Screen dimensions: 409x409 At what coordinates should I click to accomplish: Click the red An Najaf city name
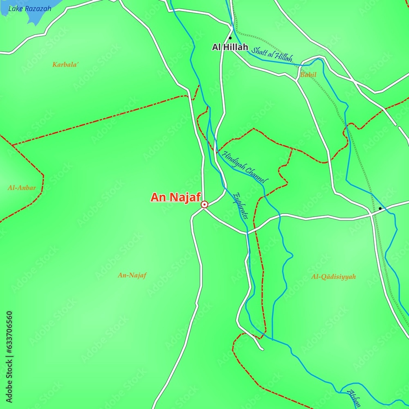(175, 198)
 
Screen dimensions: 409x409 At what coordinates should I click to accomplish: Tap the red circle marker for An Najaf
(204, 204)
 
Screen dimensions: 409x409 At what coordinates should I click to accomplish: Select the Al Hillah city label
(230, 47)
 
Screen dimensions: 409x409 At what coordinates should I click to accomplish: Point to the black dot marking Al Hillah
(230, 38)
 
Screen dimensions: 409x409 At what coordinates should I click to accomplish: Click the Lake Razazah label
(30, 8)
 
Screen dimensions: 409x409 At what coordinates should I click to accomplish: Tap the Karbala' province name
(65, 65)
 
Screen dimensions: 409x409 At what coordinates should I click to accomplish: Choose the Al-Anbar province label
(22, 188)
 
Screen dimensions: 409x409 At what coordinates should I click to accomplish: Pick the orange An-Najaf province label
(132, 275)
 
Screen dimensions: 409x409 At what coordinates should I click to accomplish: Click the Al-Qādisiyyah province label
(333, 277)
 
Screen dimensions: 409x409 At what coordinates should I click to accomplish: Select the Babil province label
(308, 75)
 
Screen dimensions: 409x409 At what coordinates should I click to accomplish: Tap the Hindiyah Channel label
(245, 167)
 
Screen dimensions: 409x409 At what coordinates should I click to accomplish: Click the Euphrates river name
(240, 206)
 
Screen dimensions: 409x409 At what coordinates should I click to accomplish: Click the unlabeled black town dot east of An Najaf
(380, 209)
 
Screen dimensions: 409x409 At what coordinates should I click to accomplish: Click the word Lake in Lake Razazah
(16, 8)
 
